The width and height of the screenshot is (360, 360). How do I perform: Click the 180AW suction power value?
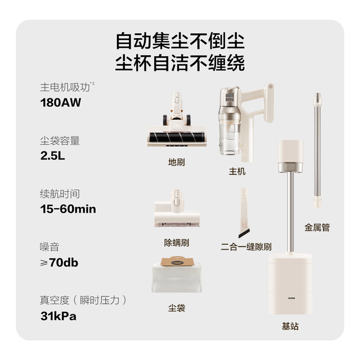point(61,102)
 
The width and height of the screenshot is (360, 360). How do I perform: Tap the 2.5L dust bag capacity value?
point(52,156)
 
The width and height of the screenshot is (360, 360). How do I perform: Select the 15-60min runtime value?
point(68,209)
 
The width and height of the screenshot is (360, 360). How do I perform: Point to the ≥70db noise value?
point(59,263)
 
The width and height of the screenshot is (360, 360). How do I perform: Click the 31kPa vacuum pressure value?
point(58,316)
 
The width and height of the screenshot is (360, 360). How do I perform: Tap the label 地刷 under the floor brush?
point(176,163)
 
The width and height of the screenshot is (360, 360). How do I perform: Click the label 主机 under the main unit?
point(237,172)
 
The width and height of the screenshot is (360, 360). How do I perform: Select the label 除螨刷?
point(176,242)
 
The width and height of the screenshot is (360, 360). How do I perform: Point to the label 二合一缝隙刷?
point(246,247)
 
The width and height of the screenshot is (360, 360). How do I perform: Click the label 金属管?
point(317,227)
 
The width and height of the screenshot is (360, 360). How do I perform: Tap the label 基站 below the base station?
point(290,326)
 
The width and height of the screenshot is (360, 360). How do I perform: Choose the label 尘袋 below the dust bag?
point(176,308)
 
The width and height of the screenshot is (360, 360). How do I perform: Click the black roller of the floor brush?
point(177,137)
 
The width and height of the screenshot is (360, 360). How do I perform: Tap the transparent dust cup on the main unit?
point(229,136)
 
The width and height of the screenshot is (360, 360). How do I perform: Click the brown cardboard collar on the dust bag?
point(177,261)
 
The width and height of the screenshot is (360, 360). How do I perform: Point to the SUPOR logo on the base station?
point(291,298)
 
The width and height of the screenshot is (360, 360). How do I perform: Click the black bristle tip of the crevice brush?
point(244,234)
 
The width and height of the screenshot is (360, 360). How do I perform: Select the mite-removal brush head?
point(177,208)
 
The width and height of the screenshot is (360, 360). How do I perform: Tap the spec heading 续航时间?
point(60,193)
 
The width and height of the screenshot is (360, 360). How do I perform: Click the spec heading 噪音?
point(49,247)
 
